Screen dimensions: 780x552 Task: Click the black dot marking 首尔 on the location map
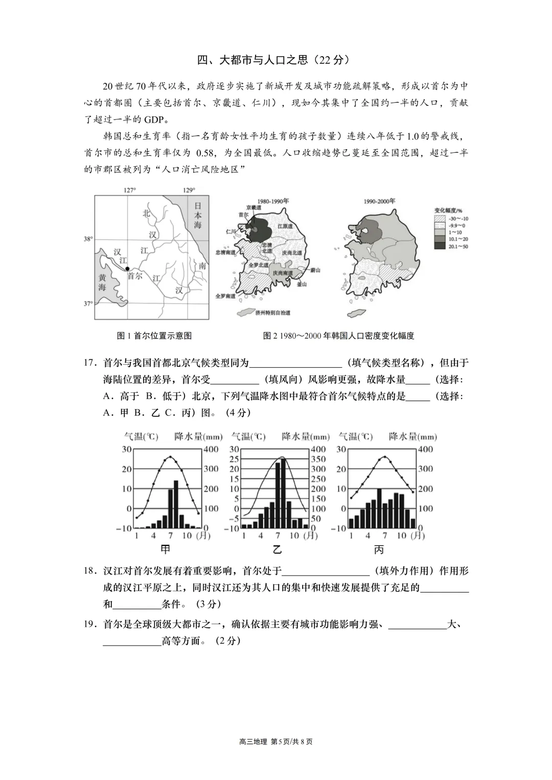coord(127,268)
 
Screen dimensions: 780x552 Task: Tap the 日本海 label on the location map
coord(198,215)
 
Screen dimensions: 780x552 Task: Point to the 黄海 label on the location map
coord(102,282)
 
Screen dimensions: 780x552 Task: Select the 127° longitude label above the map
coord(130,190)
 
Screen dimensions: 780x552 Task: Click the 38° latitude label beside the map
coord(88,239)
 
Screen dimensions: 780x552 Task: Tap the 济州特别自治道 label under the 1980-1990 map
coord(272,313)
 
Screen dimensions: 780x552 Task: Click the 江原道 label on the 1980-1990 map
coord(284,226)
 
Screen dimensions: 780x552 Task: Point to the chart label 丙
coord(379,550)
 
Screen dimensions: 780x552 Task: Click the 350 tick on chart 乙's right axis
coord(318,459)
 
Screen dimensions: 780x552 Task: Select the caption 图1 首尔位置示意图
coord(154,336)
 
